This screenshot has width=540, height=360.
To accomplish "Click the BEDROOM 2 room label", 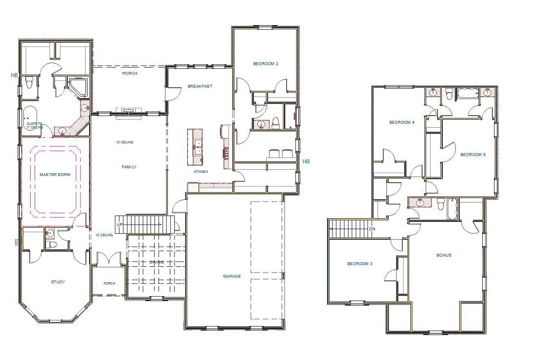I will (265, 64).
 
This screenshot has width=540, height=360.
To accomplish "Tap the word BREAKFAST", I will (200, 86).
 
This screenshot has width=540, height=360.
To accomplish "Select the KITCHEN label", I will (201, 172).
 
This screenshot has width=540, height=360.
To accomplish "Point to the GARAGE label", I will (232, 276).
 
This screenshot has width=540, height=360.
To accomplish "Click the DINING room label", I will (157, 262).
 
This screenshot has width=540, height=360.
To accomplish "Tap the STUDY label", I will (58, 282).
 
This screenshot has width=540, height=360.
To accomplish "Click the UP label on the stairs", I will (119, 225).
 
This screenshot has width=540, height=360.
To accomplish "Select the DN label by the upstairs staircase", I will (372, 229).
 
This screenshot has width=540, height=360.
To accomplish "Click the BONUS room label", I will (444, 255).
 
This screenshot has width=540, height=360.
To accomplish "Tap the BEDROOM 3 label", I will (360, 264).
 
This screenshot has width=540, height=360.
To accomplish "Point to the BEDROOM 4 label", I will (401, 122).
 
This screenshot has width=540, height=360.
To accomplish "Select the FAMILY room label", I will (129, 167).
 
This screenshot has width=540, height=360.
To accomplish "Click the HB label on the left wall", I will (15, 76).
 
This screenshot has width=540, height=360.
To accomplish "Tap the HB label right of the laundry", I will (306, 161).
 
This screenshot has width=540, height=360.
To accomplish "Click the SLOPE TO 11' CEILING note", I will (35, 126).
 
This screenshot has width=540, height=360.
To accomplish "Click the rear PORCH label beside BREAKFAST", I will (130, 73).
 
